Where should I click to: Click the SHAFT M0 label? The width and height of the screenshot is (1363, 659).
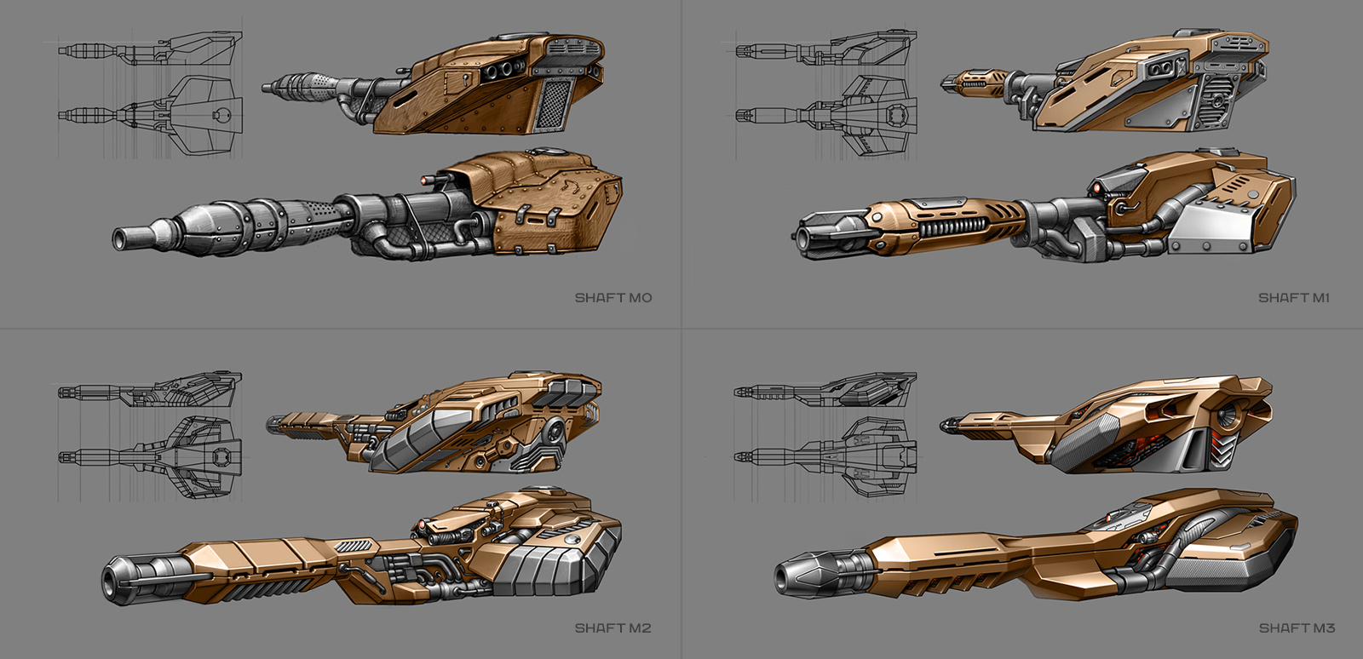(x=612, y=298)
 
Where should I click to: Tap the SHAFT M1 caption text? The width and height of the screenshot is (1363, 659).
(x=1293, y=298)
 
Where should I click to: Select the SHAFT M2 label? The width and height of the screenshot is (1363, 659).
(x=612, y=628)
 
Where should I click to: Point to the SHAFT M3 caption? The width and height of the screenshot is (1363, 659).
(x=1297, y=628)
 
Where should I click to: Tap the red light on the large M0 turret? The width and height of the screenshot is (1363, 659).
(x=424, y=181)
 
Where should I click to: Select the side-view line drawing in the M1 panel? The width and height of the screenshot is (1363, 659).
(x=826, y=49)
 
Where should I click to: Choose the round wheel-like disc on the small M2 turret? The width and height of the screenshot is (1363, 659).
(x=555, y=432)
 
